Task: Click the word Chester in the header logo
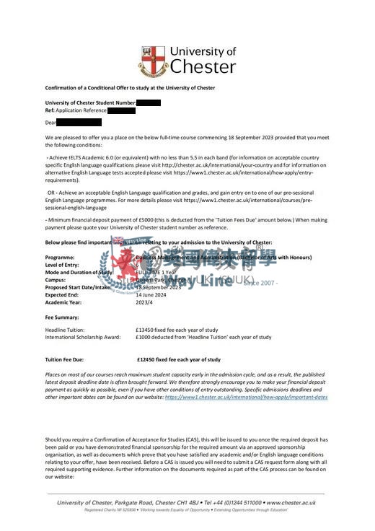tap(203, 67)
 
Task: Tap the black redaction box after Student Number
tap(148, 102)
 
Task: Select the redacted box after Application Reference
tap(121, 110)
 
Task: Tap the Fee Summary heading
tap(62, 317)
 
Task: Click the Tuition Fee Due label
tap(66, 359)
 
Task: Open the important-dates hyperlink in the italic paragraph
tap(246, 397)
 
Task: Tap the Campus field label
tap(56, 279)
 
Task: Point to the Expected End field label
tap(63, 294)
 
